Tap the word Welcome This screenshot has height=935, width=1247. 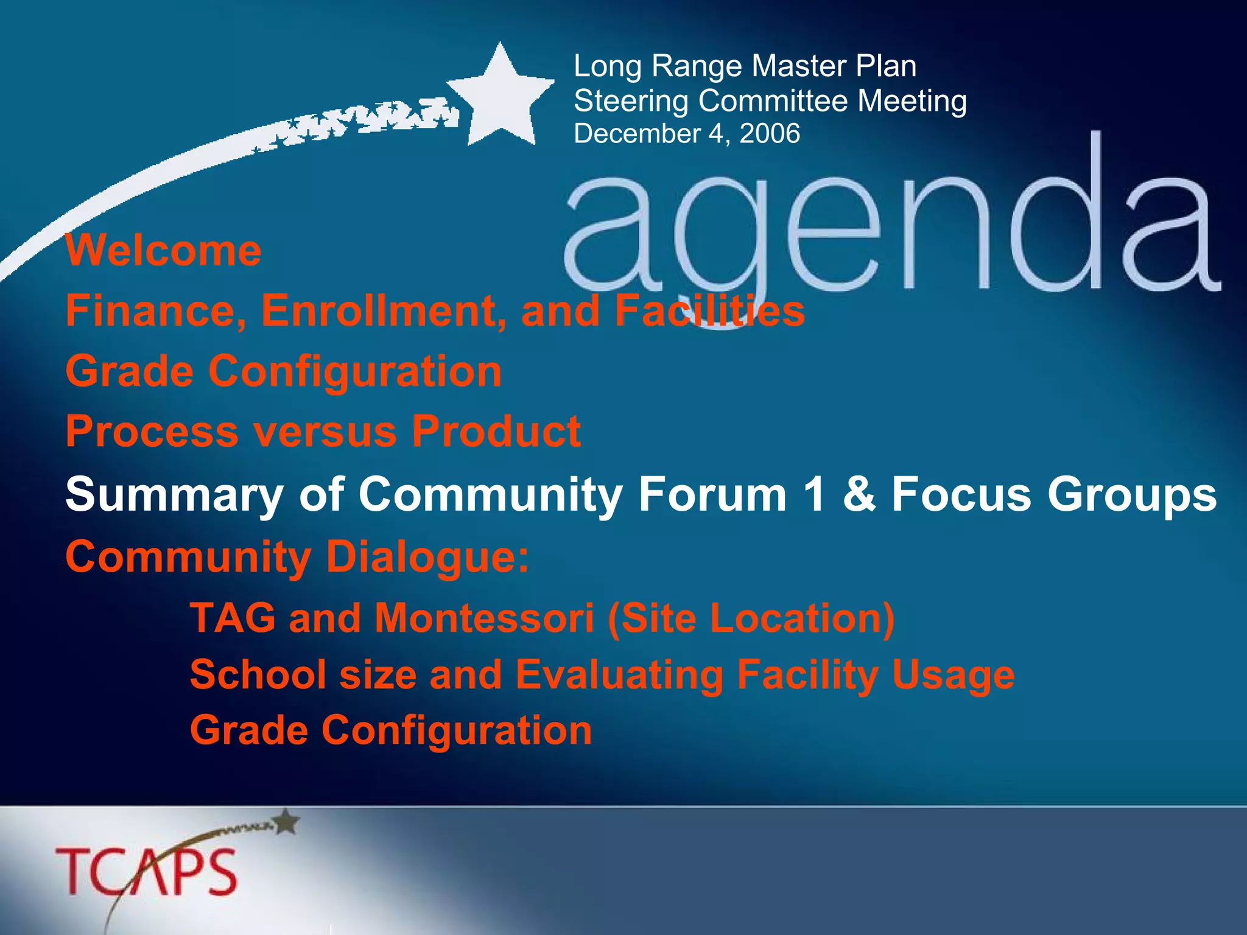(x=163, y=250)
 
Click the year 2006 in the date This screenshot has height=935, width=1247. (x=770, y=134)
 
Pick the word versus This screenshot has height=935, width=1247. (x=325, y=432)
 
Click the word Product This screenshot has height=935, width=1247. (x=496, y=432)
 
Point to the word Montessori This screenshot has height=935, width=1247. (x=484, y=618)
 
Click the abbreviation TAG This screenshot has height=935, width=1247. (x=233, y=618)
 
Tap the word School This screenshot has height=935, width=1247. (x=258, y=674)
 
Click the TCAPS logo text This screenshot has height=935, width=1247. (x=146, y=872)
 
